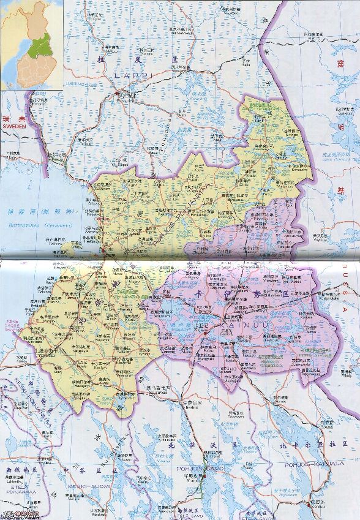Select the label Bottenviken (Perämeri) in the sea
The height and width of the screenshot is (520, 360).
click(37, 226)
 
